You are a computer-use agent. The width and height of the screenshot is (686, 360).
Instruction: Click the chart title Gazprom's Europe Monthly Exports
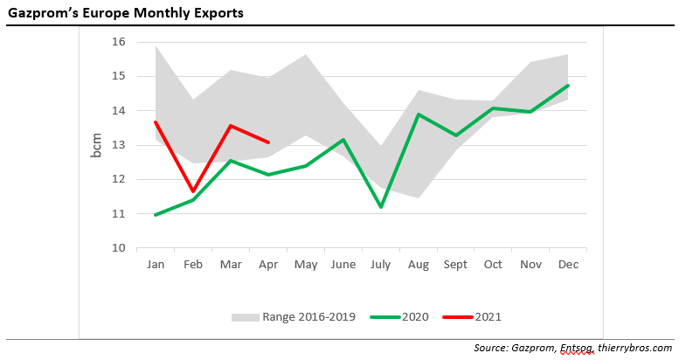[126, 14]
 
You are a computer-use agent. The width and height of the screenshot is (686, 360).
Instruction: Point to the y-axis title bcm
[97, 144]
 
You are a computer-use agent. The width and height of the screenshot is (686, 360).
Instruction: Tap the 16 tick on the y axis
[120, 42]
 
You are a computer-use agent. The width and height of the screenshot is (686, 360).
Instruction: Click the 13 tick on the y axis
[120, 145]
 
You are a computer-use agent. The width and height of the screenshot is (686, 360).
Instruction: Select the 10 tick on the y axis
[120, 248]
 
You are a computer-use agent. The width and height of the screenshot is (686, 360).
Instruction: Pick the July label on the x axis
[381, 264]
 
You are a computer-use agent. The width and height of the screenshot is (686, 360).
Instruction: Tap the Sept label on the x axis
[455, 264]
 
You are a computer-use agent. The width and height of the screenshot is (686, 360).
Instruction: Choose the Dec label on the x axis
[568, 264]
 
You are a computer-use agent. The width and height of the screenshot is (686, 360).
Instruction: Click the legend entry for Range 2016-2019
[308, 316]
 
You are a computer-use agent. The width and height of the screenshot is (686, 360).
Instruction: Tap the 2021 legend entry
[487, 316]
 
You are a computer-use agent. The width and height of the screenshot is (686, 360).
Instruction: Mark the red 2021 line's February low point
[192, 191]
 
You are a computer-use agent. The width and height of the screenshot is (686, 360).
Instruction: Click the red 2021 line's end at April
[268, 142]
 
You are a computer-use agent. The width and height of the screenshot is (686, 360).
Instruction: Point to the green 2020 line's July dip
[381, 207]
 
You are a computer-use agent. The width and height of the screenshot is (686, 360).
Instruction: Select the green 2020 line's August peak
[419, 114]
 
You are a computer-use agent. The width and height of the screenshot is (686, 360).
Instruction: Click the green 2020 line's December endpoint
[568, 86]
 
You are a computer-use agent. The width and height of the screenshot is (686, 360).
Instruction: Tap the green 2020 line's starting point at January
[155, 215]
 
